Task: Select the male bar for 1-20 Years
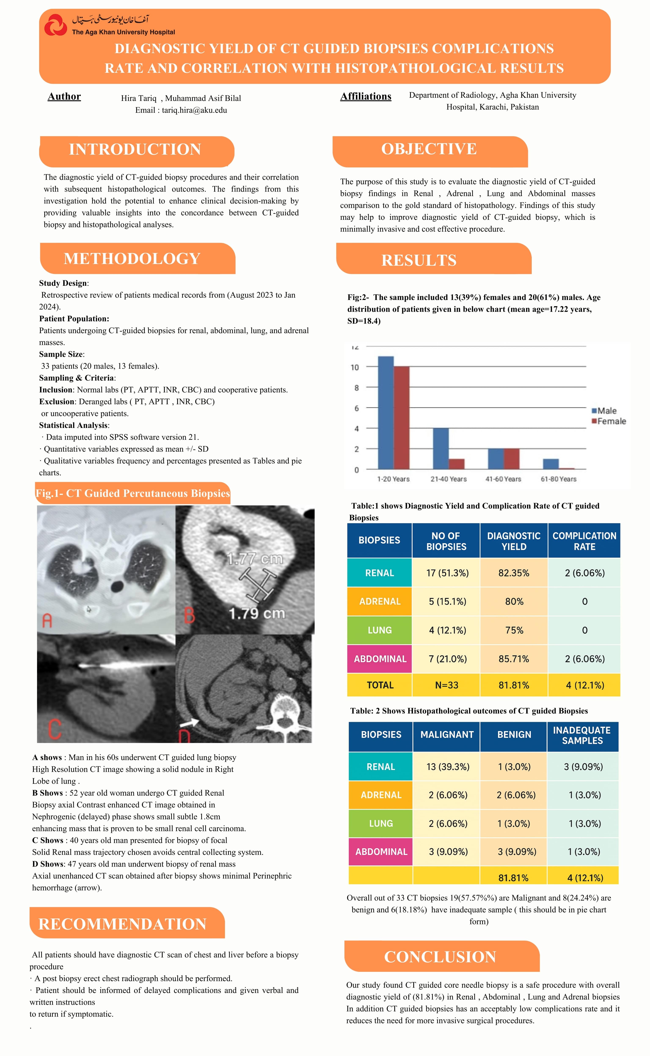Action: pyautogui.click(x=386, y=412)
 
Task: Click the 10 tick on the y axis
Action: pyautogui.click(x=355, y=367)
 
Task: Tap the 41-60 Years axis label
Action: pyautogui.click(x=503, y=479)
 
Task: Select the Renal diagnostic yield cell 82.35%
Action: pyautogui.click(x=514, y=573)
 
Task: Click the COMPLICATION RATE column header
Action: pyautogui.click(x=584, y=541)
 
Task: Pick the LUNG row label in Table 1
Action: pyautogui.click(x=380, y=630)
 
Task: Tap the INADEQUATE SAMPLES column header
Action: pyautogui.click(x=582, y=735)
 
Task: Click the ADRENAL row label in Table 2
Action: pyautogui.click(x=381, y=795)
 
